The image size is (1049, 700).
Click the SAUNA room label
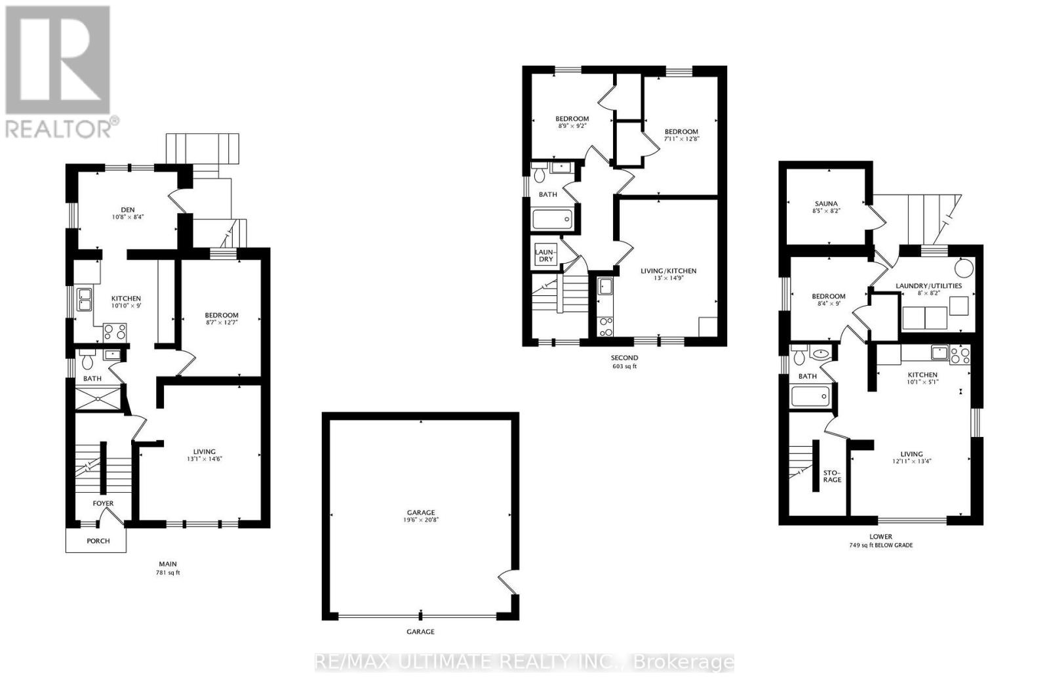(x=825, y=203)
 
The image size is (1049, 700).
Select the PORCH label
(x=98, y=541)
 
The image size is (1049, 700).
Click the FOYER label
(x=103, y=504)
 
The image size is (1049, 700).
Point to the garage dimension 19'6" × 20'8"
(x=420, y=520)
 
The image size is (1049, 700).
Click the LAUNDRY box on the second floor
(x=545, y=255)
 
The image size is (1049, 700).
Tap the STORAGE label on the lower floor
(x=832, y=476)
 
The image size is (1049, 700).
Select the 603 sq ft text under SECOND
(x=624, y=367)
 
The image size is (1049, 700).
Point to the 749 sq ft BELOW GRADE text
(x=880, y=545)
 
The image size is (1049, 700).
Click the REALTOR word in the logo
(x=59, y=128)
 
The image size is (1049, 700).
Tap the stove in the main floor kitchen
(x=115, y=331)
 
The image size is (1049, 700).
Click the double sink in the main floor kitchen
(x=84, y=299)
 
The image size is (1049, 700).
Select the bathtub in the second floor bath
(x=552, y=219)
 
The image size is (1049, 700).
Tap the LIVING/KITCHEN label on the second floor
(x=668, y=271)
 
